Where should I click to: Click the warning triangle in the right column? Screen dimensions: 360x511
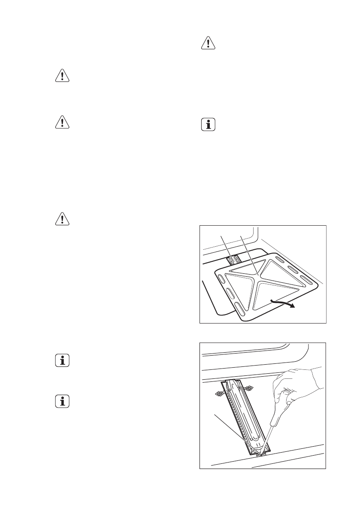coord(208,44)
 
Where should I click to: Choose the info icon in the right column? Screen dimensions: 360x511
coord(208,124)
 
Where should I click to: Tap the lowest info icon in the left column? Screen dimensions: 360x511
coord(63,402)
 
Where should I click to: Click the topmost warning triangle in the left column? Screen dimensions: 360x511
coord(63,76)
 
